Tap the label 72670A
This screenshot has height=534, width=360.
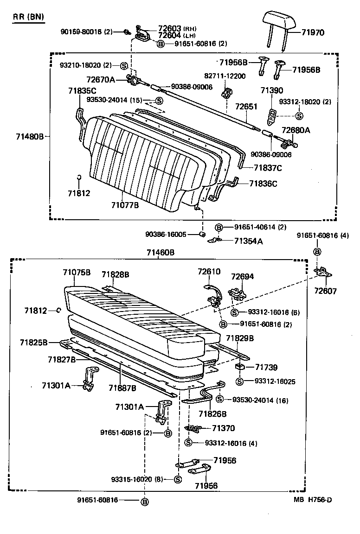pyautogui.click(x=100, y=80)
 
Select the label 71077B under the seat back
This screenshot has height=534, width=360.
pyautogui.click(x=125, y=204)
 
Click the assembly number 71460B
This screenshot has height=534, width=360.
pyautogui.click(x=160, y=252)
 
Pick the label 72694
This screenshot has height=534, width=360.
pyautogui.click(x=243, y=276)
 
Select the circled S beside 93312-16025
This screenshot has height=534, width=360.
pyautogui.click(x=239, y=381)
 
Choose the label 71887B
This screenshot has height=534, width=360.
pyautogui.click(x=122, y=388)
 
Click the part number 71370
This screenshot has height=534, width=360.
pyautogui.click(x=224, y=428)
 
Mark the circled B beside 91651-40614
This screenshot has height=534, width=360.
pyautogui.click(x=219, y=227)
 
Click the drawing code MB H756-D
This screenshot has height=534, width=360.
pyautogui.click(x=312, y=499)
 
